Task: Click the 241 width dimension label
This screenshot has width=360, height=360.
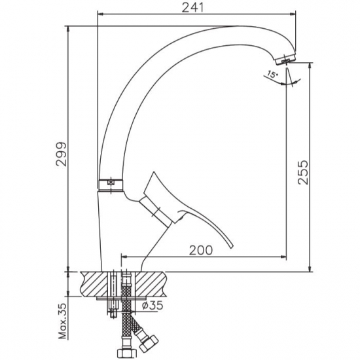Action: click(192, 8)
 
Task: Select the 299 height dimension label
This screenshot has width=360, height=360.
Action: click(62, 154)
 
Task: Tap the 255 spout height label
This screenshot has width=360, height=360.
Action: click(302, 172)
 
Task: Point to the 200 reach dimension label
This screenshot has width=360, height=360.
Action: click(201, 250)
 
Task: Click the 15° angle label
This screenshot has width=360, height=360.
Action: click(272, 75)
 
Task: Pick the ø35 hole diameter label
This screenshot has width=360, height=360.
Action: click(153, 306)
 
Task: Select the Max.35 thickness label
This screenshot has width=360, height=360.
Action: click(62, 321)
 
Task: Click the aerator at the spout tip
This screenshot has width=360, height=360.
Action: click(284, 60)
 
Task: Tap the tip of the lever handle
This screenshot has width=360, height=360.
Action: click(231, 247)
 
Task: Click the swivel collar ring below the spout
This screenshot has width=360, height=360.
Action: click(111, 185)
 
